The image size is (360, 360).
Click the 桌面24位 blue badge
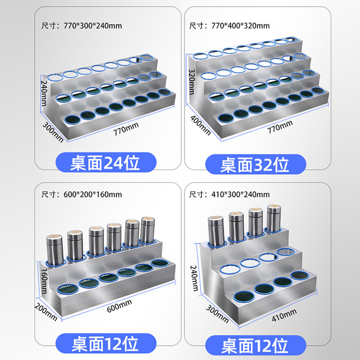pos(106,162)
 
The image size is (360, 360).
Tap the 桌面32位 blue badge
pos(256,164)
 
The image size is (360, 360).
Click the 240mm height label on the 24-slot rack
pos(44,93)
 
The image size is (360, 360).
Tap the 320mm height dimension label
pos(192,82)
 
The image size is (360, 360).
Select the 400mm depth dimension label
pos(200,125)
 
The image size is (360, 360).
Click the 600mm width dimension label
pos(119,306)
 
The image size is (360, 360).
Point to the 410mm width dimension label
pos(284,315)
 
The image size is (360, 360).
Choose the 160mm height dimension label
pos(44,281)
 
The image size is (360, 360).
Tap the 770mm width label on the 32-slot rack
pos(280,127)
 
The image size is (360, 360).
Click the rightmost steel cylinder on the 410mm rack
pos(274,218)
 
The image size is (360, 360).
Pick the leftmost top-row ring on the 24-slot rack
pos(55,77)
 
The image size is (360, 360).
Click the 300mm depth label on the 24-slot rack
pos(53,132)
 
